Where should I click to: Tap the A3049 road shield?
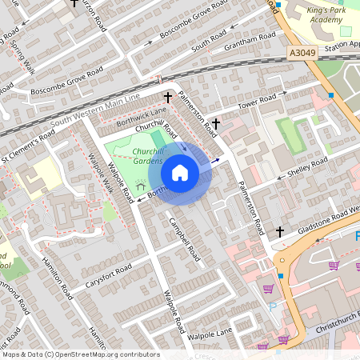point(300,53)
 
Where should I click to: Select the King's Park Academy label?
point(324,15)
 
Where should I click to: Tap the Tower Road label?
point(258,102)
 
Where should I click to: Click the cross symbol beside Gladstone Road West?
point(280,231)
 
